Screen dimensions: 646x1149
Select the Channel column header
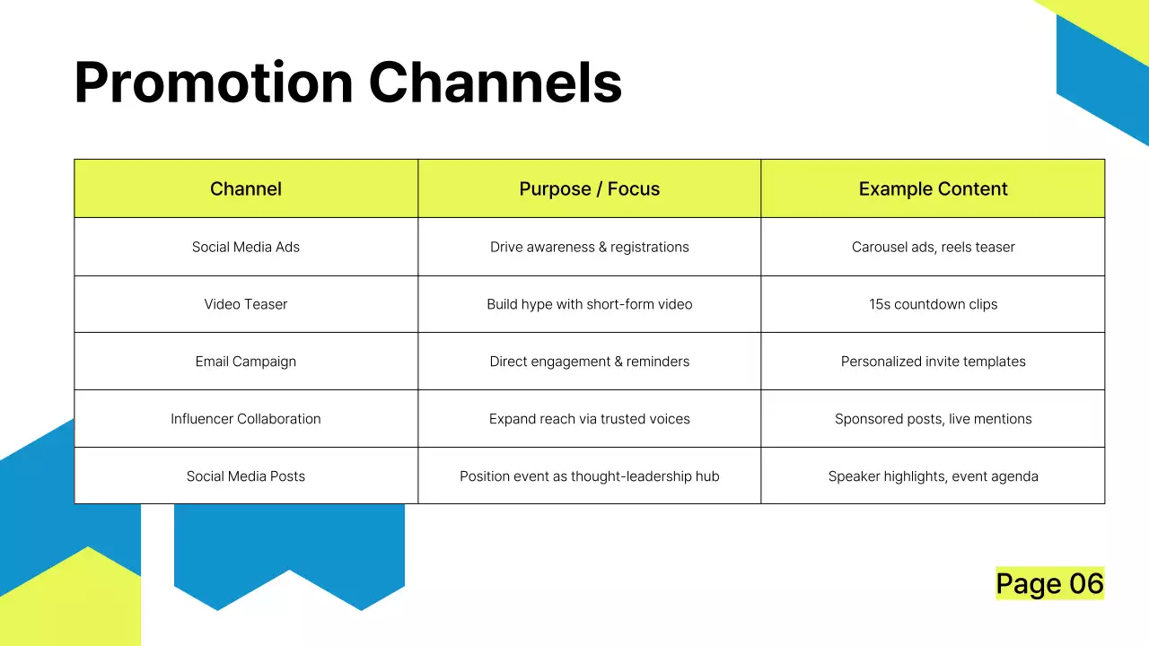tap(246, 189)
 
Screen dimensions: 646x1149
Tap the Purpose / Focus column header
tap(590, 189)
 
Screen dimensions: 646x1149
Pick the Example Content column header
tap(933, 189)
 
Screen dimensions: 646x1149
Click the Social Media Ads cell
tap(246, 247)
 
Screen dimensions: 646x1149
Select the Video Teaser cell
tap(246, 304)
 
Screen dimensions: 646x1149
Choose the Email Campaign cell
tap(246, 362)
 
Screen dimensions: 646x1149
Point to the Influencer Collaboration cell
tap(246, 419)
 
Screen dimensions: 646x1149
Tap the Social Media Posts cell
tap(246, 476)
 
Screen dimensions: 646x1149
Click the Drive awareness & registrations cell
tap(590, 247)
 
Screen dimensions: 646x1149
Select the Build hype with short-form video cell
tap(590, 304)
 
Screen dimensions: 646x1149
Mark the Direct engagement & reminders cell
tap(590, 362)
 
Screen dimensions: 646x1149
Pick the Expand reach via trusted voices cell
tap(590, 419)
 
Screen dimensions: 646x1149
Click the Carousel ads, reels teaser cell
tap(933, 247)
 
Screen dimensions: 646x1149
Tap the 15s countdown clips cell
tap(933, 304)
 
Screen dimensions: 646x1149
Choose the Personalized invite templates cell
tap(933, 362)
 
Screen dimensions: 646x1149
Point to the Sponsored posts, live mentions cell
tap(933, 419)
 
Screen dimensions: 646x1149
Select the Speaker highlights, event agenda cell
tap(933, 476)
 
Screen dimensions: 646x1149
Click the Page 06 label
tap(1049, 584)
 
